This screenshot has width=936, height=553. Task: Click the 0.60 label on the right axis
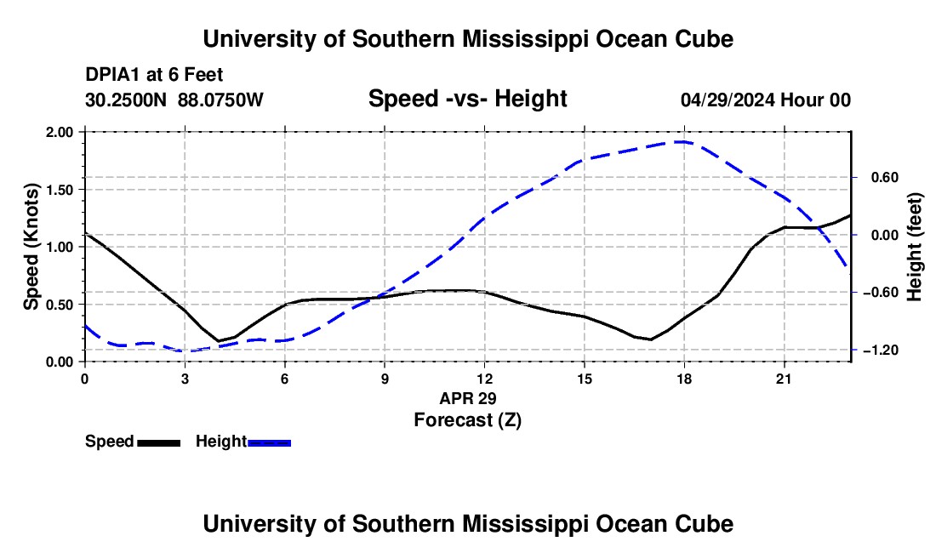pyautogui.click(x=885, y=178)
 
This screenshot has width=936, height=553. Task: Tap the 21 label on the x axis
pyautogui.click(x=784, y=379)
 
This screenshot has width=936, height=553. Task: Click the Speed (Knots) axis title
pyautogui.click(x=31, y=247)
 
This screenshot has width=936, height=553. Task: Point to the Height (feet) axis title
pyautogui.click(x=915, y=247)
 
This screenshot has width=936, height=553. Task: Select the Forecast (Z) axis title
pyautogui.click(x=467, y=420)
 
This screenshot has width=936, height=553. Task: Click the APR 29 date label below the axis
pyautogui.click(x=467, y=398)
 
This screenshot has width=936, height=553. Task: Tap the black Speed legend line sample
pyautogui.click(x=159, y=442)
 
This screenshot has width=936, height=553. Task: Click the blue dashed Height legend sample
pyautogui.click(x=269, y=442)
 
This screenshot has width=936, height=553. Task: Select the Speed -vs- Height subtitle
pyautogui.click(x=467, y=99)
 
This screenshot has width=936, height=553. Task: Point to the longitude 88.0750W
pyautogui.click(x=220, y=100)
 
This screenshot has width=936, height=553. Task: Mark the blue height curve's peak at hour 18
pyautogui.click(x=682, y=141)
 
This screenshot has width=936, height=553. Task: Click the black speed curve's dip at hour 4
pyautogui.click(x=219, y=340)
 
